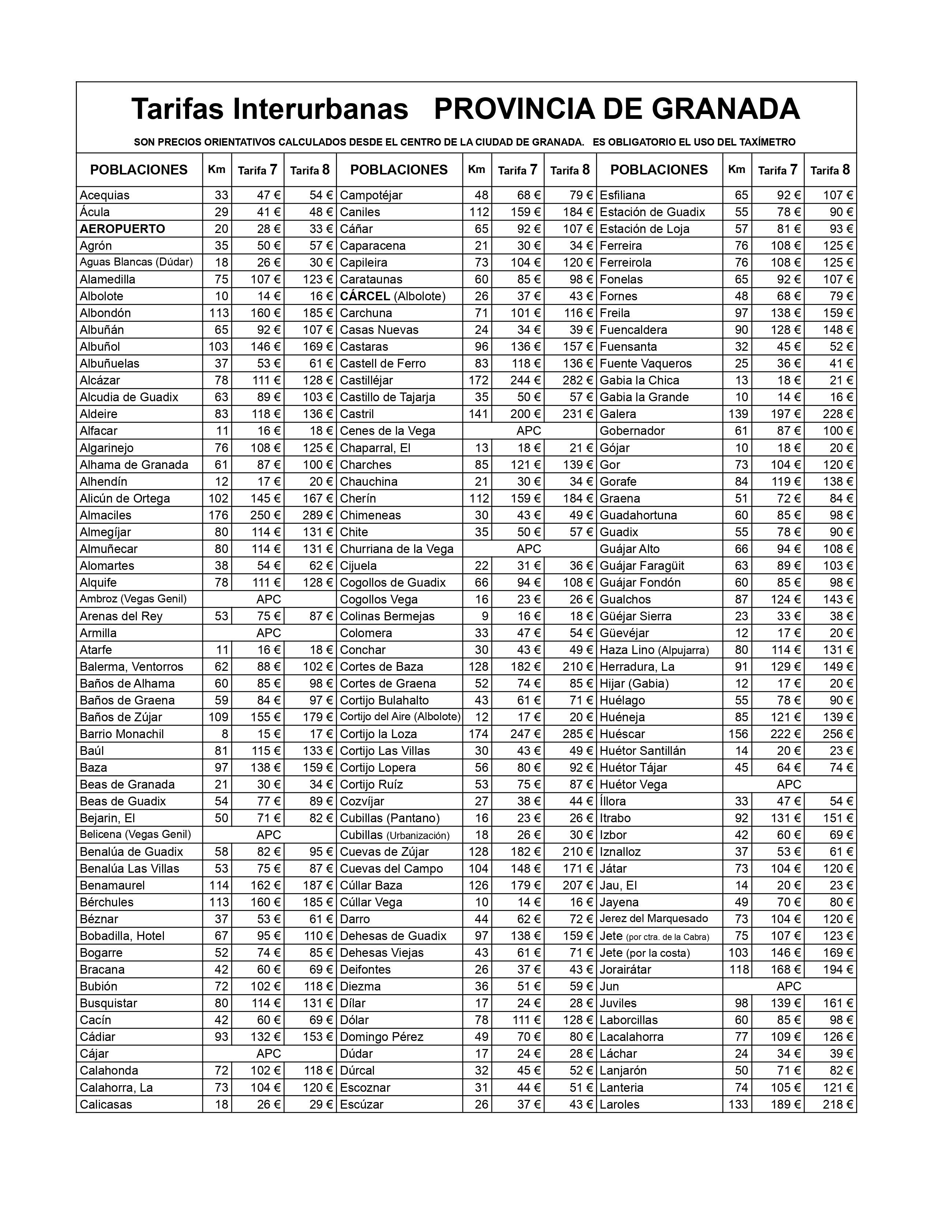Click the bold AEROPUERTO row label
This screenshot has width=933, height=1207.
[x=122, y=229]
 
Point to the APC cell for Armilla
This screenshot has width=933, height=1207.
[x=269, y=633]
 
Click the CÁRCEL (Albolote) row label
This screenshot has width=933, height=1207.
[x=393, y=296]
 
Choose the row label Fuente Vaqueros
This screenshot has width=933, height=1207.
[x=645, y=364]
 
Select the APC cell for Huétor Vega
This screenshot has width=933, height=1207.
[x=789, y=784]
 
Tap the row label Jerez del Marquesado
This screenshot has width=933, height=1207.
[x=654, y=918]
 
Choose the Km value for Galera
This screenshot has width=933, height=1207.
[x=738, y=414]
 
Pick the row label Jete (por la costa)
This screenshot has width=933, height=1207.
[x=644, y=953]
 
